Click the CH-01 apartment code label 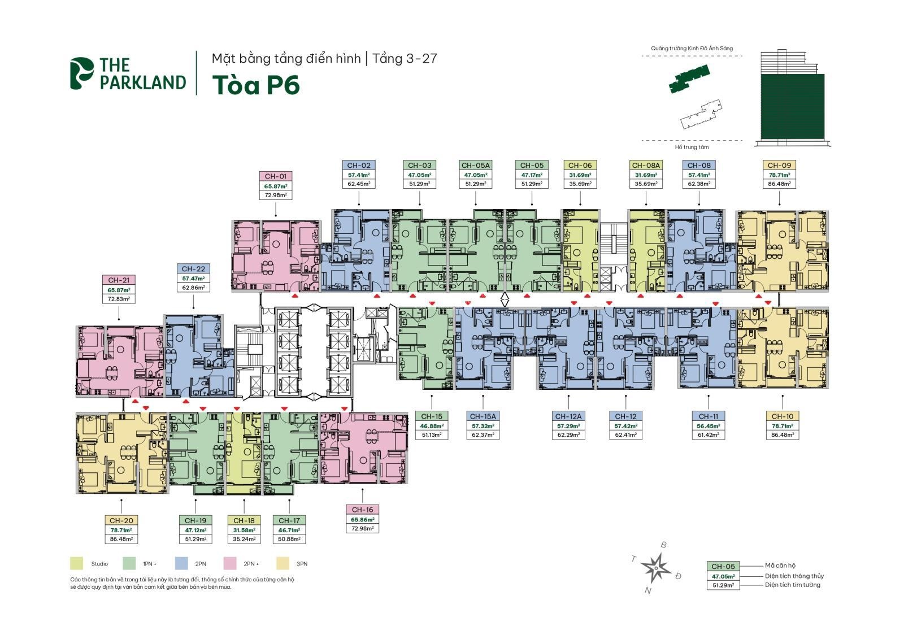click(275, 176)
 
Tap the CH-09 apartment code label click(779, 166)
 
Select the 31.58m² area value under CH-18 click(244, 530)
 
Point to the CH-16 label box click(362, 510)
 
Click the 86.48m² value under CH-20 click(121, 539)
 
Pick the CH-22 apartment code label click(193, 269)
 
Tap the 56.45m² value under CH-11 click(708, 426)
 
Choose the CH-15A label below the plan click(483, 416)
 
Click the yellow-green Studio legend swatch click(77, 563)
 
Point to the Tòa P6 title click(255, 85)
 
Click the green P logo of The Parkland click(82, 73)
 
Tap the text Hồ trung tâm click(692, 147)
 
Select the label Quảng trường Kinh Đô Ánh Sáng click(692, 49)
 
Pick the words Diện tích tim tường click(793, 585)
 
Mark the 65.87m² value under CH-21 click(119, 290)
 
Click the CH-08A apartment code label click(646, 166)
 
